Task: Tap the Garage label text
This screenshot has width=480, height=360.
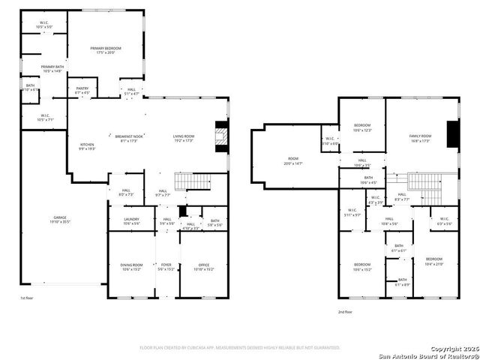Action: [59, 219]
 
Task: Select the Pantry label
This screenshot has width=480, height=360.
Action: [82, 90]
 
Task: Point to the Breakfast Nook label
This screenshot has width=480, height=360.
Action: [129, 138]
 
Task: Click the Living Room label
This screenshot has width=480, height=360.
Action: [184, 138]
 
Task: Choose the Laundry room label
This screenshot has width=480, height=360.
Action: [131, 221]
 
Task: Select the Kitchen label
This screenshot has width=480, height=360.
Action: [88, 146]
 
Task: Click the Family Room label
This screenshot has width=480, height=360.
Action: [420, 138]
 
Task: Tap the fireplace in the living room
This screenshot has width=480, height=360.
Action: [220, 136]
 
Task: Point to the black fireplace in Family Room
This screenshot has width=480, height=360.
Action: [452, 136]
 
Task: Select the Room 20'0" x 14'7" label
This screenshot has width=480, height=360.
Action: [293, 160]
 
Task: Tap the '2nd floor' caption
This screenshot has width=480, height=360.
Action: [345, 311]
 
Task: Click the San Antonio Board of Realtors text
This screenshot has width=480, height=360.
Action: [427, 355]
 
